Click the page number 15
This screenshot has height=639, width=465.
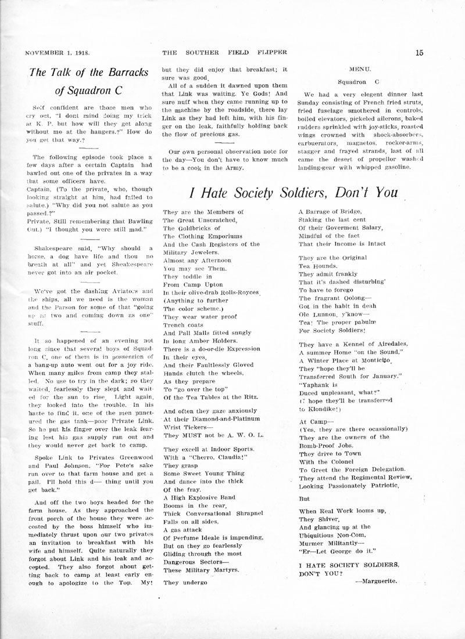click(419, 52)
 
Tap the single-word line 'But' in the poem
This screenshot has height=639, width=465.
click(304, 498)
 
